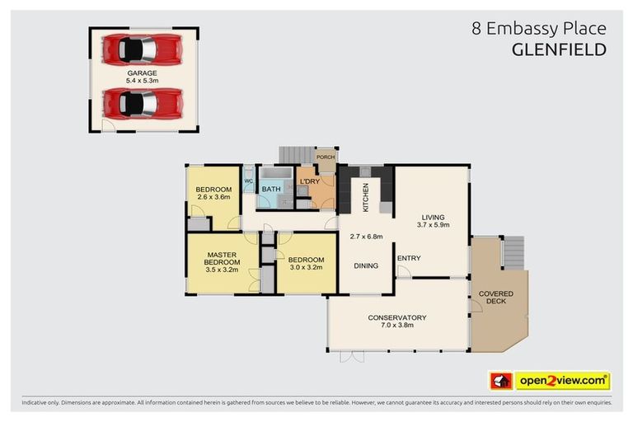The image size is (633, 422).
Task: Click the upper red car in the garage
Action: (x=142, y=49)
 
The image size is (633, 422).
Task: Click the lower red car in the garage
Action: (x=142, y=104)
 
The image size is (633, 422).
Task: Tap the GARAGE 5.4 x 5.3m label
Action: (x=142, y=77)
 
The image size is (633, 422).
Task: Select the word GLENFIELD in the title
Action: (x=559, y=49)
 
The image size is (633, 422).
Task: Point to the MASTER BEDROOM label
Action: (x=222, y=261)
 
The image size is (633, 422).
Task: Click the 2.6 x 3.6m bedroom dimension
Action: (x=213, y=198)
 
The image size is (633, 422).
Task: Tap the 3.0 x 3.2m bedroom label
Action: (x=305, y=266)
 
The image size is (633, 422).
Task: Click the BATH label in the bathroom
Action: (x=271, y=189)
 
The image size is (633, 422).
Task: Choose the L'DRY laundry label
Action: (x=310, y=182)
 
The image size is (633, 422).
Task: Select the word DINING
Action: (x=367, y=266)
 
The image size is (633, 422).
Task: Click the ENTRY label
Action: (x=409, y=258)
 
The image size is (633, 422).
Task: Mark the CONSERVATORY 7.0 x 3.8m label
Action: (x=396, y=321)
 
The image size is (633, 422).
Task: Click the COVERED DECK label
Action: (x=496, y=298)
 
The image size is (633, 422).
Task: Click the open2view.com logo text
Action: (x=562, y=381)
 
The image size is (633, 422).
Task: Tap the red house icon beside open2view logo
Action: (x=500, y=381)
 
